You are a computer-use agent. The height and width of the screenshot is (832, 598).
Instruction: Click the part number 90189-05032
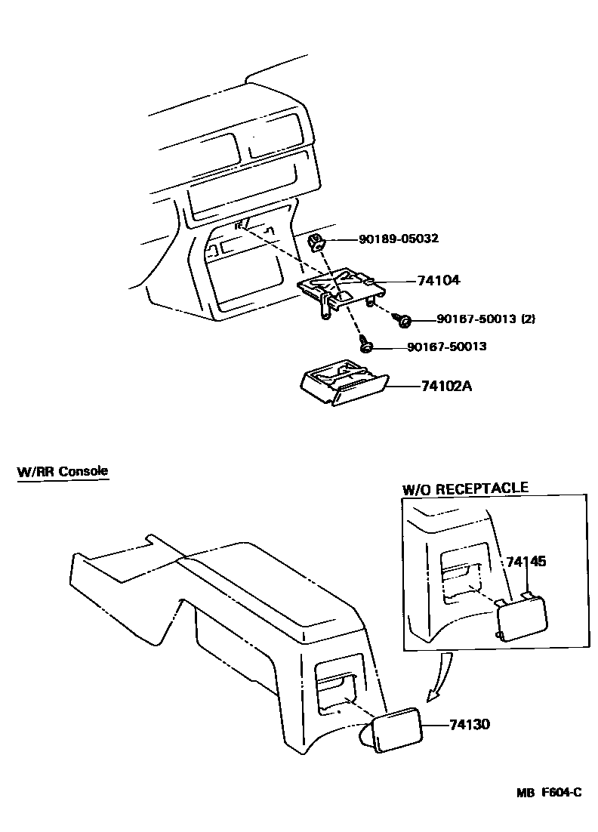click(399, 239)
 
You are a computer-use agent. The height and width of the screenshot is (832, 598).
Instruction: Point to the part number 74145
click(526, 562)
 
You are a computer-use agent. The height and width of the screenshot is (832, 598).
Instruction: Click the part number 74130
click(470, 724)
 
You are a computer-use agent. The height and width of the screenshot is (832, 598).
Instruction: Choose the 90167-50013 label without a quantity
click(446, 347)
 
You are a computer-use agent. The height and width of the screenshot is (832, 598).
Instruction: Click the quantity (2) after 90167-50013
click(527, 319)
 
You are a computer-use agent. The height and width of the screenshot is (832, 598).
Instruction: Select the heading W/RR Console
click(63, 471)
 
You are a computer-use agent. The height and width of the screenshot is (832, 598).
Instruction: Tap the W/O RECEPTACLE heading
click(465, 488)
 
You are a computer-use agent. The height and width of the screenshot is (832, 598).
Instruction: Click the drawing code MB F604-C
click(549, 793)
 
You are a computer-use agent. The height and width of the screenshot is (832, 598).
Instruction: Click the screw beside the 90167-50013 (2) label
click(403, 321)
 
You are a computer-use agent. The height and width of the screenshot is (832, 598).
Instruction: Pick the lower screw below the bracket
click(365, 346)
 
